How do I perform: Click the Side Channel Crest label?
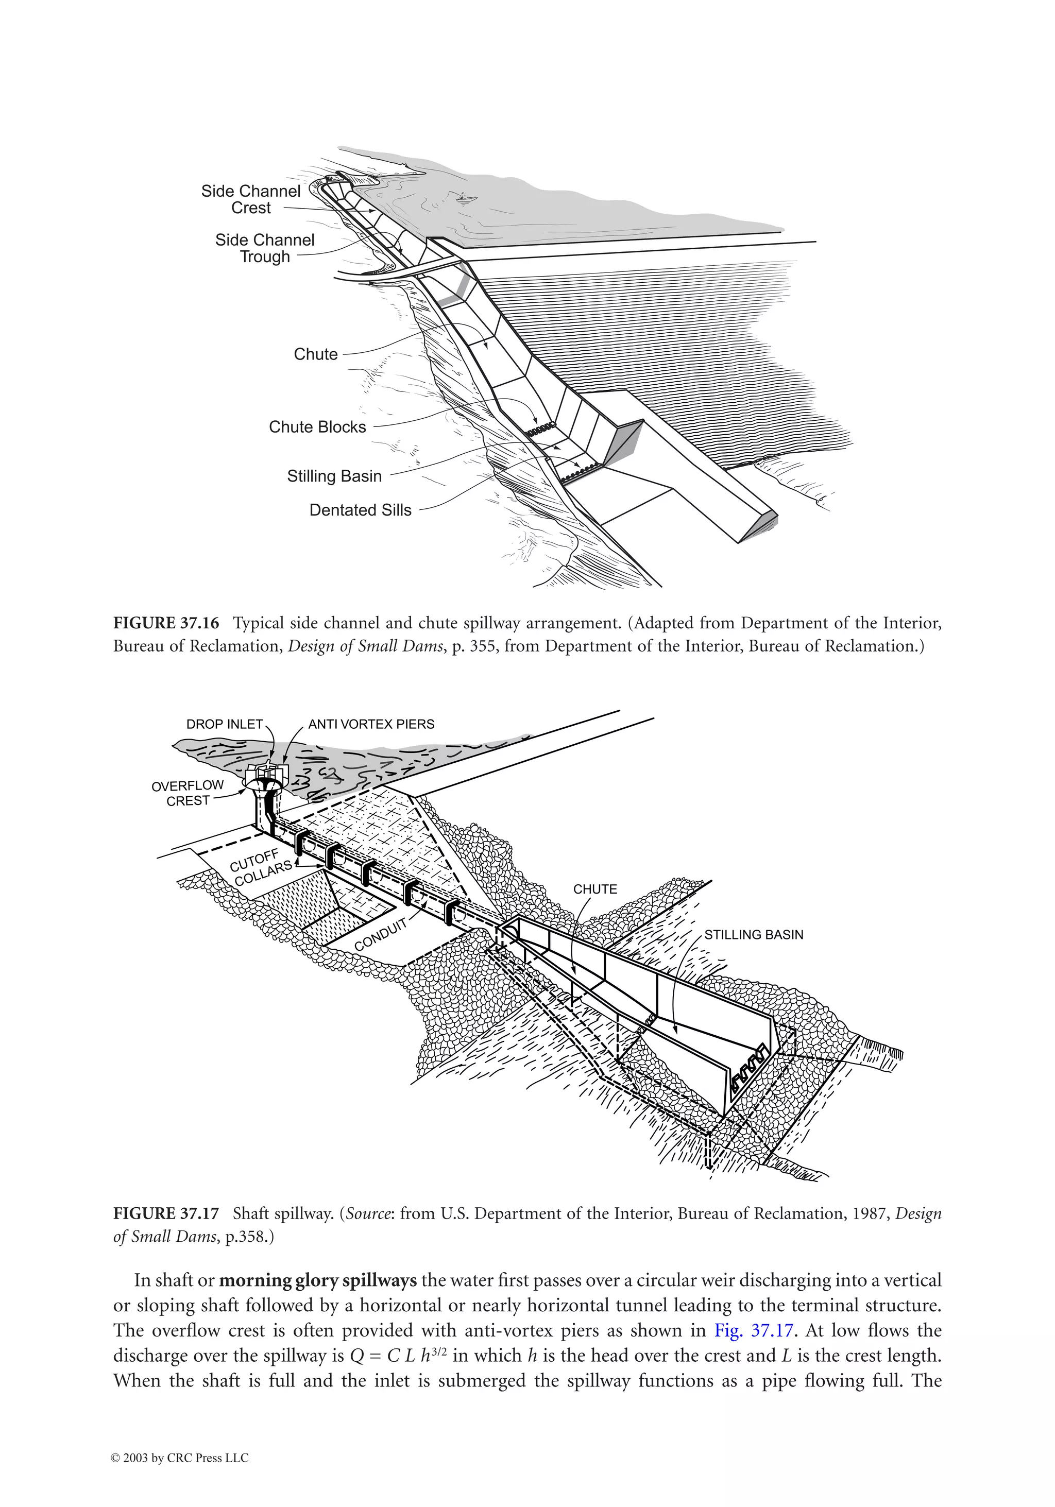250,199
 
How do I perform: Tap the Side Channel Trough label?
265,248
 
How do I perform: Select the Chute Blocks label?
317,427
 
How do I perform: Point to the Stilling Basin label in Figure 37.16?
334,476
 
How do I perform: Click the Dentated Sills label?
361,510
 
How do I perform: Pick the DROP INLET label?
225,725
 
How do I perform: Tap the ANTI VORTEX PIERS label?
371,725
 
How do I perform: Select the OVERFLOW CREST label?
188,793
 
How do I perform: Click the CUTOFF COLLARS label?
260,868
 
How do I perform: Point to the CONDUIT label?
381,934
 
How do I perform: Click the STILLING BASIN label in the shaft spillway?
754,935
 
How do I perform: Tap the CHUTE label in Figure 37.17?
595,889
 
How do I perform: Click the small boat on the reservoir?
464,196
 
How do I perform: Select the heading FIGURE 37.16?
166,623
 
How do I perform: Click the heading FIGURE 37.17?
166,1213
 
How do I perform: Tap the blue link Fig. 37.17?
754,1330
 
